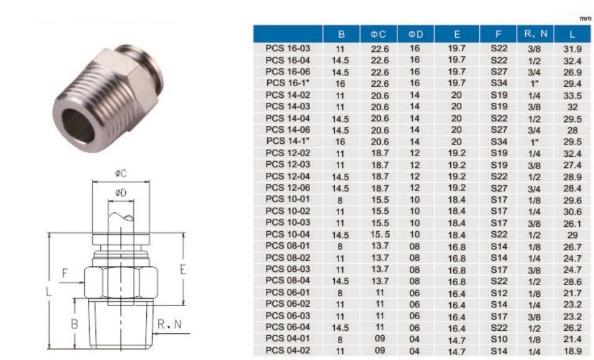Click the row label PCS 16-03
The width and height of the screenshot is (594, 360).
[288, 48]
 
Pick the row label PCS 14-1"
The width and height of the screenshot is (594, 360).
[288, 141]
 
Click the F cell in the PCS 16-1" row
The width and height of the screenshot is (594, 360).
[499, 83]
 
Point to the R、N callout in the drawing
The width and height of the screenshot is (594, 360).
[170, 323]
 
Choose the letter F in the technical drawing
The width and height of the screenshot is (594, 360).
[65, 273]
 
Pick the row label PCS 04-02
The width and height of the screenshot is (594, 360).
[288, 350]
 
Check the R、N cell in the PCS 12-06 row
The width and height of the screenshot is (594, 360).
[534, 188]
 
